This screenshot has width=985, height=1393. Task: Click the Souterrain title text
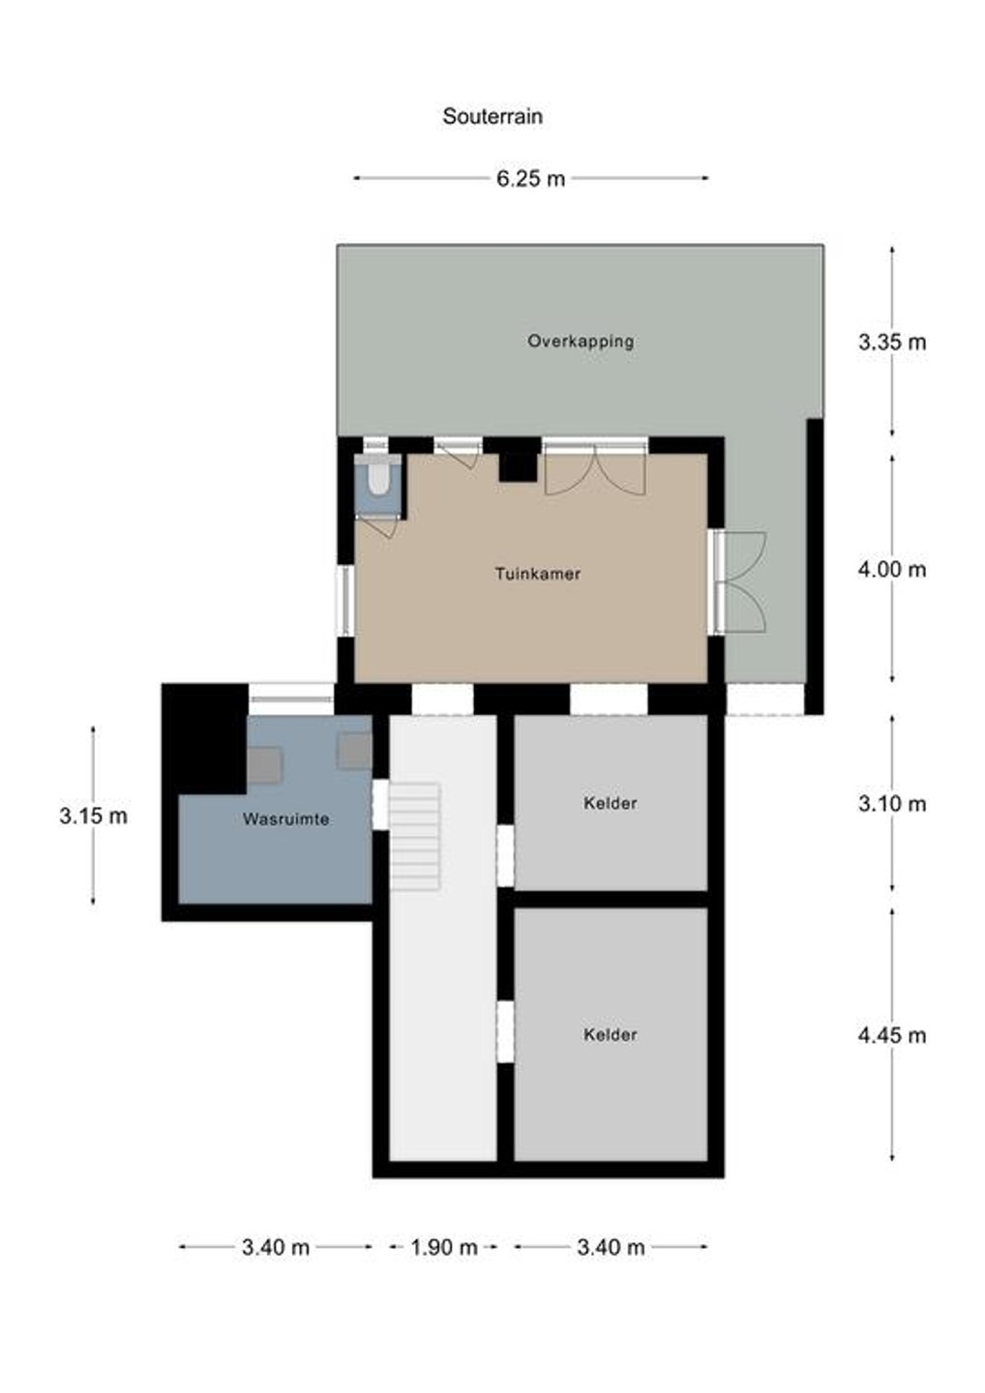(492, 116)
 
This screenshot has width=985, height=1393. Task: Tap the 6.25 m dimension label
(530, 178)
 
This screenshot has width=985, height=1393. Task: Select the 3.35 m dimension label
(892, 341)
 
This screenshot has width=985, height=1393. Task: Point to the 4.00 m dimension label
(892, 570)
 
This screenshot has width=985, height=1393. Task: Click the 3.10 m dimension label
(892, 804)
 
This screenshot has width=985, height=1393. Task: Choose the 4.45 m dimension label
(892, 1035)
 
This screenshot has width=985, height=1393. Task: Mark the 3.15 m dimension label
(93, 815)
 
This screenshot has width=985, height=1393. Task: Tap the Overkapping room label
(581, 341)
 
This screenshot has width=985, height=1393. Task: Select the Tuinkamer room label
(538, 574)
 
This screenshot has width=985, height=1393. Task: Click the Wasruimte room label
(286, 819)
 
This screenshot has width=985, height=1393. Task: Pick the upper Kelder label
(610, 804)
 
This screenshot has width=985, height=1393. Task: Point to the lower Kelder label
(610, 1035)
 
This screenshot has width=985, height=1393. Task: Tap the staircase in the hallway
(415, 837)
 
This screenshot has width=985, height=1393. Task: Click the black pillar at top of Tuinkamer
(518, 459)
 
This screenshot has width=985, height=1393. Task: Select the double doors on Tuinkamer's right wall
(740, 582)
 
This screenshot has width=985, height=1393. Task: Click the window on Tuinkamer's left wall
(345, 601)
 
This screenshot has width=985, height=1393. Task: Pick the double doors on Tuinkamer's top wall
(595, 466)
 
